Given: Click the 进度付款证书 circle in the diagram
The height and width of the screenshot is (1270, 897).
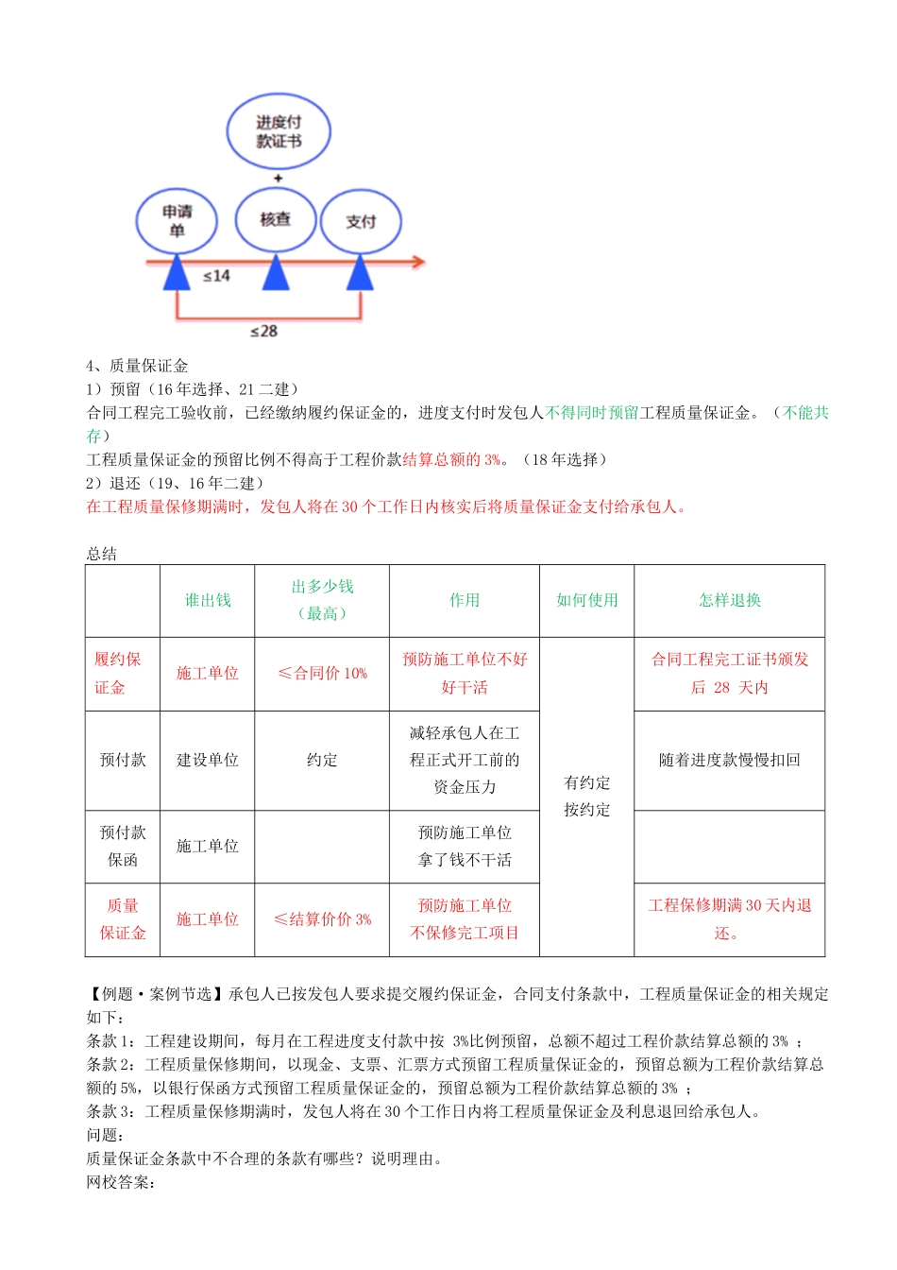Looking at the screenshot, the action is point(279,131).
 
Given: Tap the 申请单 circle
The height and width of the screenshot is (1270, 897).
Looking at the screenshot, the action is point(177,221).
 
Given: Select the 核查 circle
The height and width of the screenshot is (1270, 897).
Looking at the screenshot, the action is point(276,219).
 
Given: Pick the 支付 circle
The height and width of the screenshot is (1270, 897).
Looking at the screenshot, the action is point(361,221).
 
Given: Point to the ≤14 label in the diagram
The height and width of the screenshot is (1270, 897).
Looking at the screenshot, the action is point(216,276).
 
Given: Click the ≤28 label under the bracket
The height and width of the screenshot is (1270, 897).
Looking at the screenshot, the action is point(263,331).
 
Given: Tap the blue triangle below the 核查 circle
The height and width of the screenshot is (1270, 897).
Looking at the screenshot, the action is point(276,273).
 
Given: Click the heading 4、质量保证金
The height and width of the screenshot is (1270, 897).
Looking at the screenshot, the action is point(137,366).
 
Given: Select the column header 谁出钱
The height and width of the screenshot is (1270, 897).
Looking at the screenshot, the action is point(208,600).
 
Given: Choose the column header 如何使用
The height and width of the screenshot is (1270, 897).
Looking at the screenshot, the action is point(586,600).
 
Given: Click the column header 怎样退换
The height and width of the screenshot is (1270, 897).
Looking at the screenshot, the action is point(729,600).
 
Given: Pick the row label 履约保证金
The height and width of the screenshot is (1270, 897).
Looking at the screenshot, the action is point(117,673).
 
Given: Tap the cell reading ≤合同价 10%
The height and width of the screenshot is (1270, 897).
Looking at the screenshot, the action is point(322,673).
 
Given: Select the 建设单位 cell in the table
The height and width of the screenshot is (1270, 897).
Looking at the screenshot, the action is point(208,760).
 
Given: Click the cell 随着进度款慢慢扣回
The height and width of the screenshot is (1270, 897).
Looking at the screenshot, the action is point(729,760).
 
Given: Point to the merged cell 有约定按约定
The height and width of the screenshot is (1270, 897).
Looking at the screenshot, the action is point(586,796).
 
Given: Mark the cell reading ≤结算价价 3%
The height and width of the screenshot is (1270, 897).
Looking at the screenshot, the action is point(322,918).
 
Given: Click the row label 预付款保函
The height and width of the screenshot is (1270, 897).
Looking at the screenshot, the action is point(123,846).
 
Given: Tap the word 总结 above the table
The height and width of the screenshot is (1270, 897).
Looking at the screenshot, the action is point(102,554).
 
